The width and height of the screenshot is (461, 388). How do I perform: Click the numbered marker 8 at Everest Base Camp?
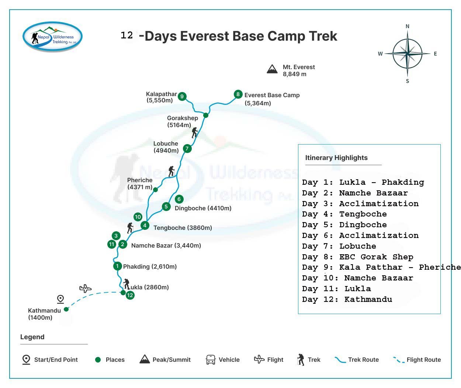[x=238, y=94]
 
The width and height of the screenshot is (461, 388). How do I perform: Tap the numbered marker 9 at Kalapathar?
[x=182, y=96]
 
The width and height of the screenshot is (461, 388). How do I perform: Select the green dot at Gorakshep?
[x=205, y=115]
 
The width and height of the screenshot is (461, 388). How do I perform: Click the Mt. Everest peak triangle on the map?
[x=272, y=69]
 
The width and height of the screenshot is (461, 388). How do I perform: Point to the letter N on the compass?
[x=408, y=26]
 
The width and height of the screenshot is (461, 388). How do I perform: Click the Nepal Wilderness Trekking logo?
[x=52, y=37]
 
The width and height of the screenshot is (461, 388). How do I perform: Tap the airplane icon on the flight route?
[x=85, y=288]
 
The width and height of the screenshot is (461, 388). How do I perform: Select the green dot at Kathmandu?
[x=66, y=309]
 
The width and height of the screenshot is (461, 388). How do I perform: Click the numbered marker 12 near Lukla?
[x=130, y=295]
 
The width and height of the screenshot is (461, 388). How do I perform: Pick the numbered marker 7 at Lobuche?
[x=187, y=148]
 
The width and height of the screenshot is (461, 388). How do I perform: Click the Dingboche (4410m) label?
[x=203, y=208]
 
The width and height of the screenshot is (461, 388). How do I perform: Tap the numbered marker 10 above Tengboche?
[x=138, y=217]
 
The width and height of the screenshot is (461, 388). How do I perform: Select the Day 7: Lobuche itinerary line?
[x=339, y=246]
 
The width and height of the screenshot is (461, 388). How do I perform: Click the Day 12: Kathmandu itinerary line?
[x=347, y=299]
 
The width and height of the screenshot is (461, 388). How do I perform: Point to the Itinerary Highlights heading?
[x=336, y=157]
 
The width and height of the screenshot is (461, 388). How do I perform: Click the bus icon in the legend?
[x=211, y=360]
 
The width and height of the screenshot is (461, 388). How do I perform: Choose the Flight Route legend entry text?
[x=423, y=360]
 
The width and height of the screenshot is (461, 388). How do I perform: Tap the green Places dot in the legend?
[x=98, y=360]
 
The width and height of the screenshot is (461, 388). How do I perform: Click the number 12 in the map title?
[x=127, y=35]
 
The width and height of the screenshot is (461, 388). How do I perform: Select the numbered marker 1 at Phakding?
[x=117, y=266]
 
